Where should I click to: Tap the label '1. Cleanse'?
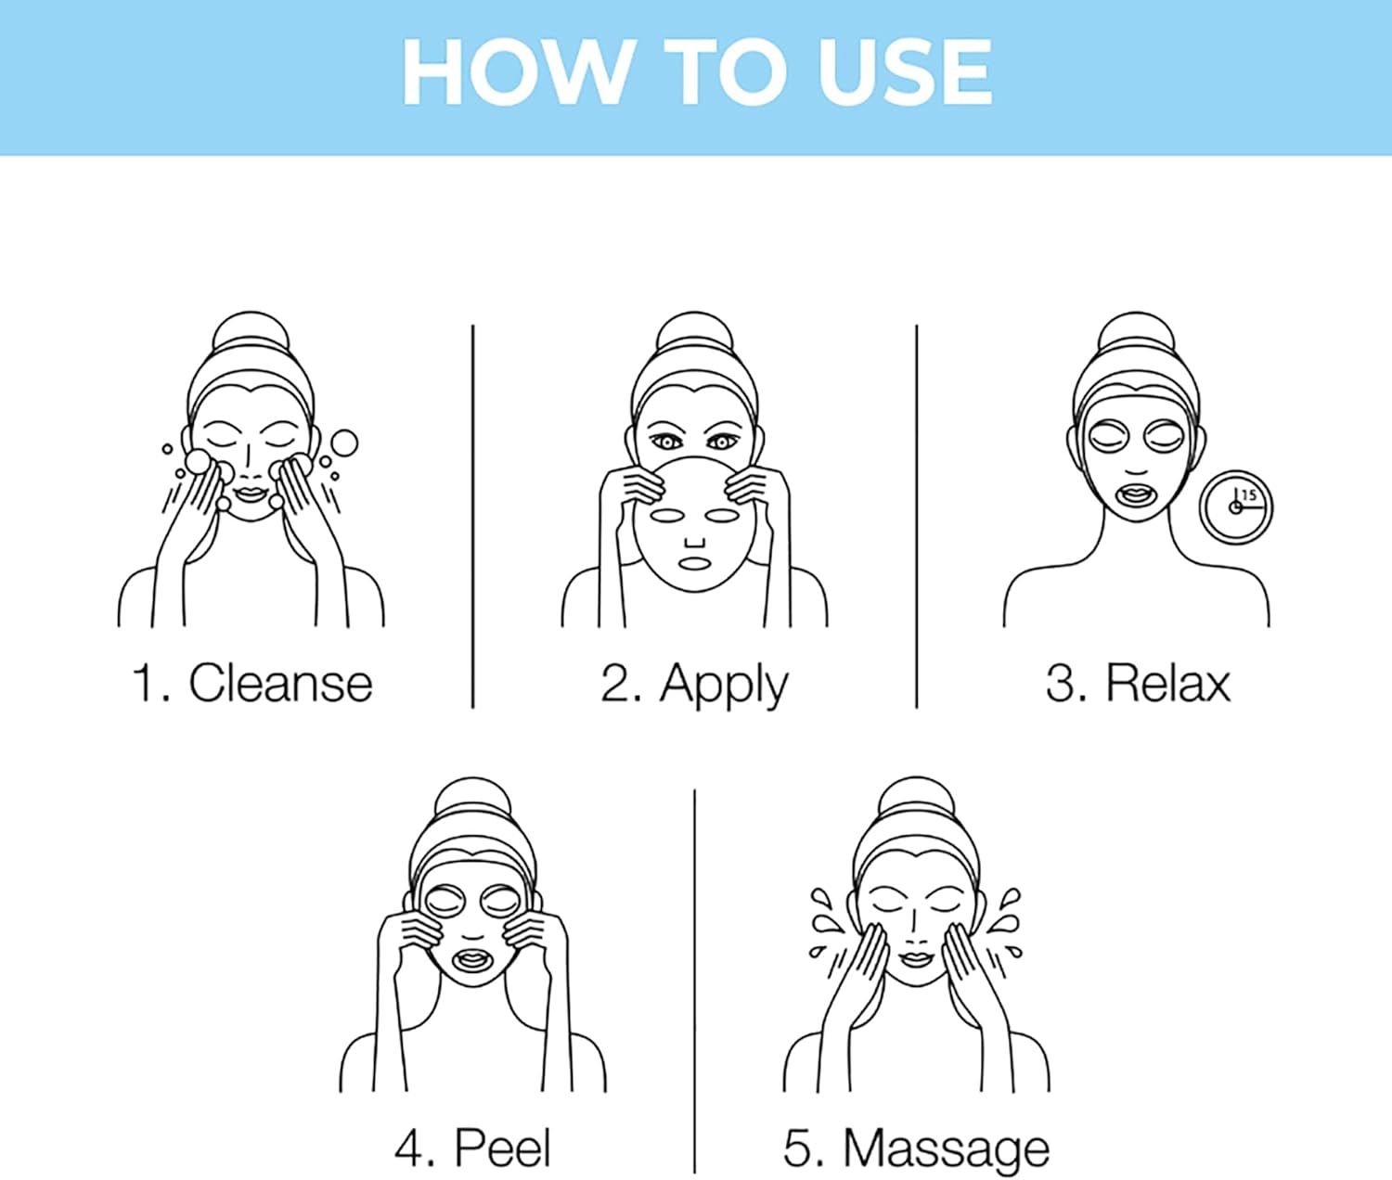252,684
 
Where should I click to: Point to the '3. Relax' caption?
1138,684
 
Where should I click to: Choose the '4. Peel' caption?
472,1148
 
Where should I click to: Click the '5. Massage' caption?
916,1148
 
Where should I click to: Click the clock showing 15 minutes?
1236,507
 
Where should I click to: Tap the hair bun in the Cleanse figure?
250,332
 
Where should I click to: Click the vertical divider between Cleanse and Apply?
472,516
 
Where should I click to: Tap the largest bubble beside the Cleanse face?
344,442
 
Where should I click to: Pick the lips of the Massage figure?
916,958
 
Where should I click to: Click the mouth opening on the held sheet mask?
692,564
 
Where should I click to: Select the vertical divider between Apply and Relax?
916,516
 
